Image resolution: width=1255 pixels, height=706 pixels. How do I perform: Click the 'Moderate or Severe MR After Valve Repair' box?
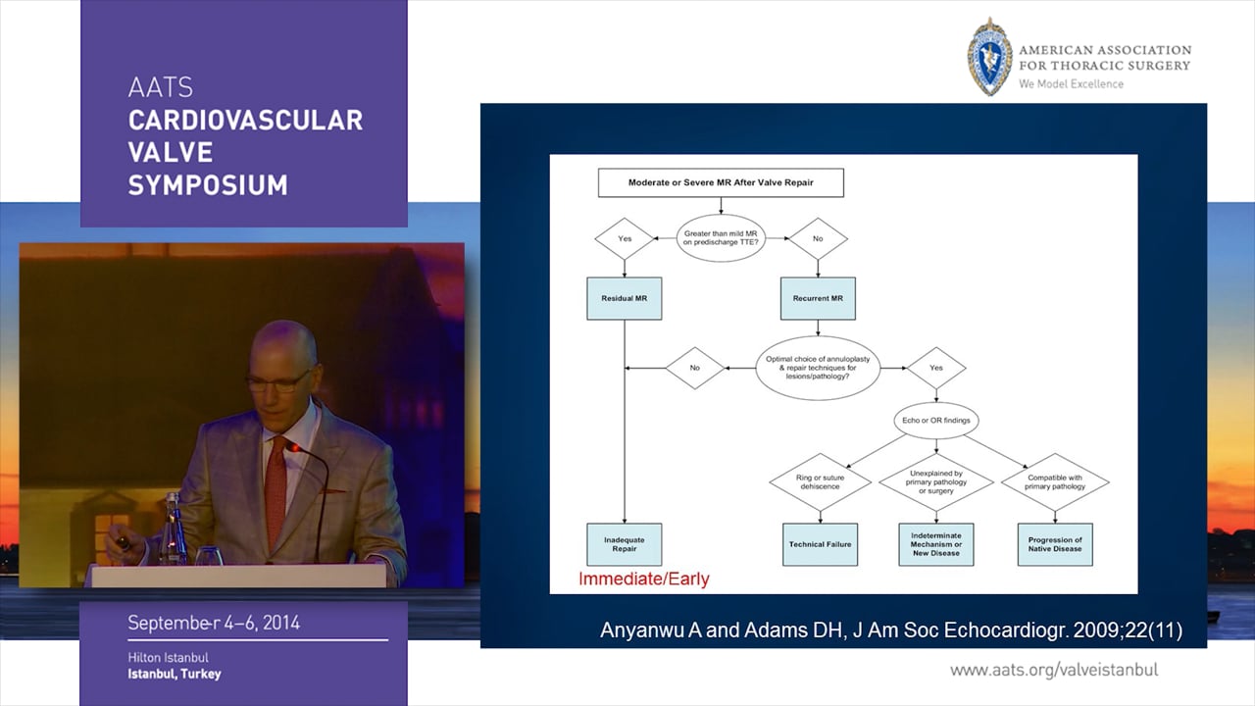[721, 182]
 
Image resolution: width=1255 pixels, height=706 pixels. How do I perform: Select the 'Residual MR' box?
[625, 297]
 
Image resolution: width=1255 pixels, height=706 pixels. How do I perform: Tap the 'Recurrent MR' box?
[818, 297]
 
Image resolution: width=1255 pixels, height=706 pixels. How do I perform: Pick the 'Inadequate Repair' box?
[625, 543]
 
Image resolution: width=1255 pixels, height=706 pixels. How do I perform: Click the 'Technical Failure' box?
[821, 544]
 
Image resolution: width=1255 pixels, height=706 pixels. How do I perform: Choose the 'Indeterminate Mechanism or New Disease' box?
[936, 544]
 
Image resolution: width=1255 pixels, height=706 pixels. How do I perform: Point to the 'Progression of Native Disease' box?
[1055, 544]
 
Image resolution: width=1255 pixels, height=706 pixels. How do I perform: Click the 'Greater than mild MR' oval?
[721, 238]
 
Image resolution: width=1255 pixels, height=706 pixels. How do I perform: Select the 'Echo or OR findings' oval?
[936, 421]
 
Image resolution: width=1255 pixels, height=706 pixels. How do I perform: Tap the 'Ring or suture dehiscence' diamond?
[821, 481]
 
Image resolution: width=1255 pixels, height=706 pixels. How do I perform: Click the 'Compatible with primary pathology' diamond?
[1055, 481]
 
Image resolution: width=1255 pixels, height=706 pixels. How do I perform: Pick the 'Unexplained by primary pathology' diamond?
[936, 481]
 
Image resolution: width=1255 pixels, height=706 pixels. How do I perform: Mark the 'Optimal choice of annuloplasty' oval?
[817, 367]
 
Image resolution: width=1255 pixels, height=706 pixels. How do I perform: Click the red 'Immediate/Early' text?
[643, 579]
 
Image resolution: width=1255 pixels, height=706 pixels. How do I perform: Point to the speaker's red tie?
[276, 480]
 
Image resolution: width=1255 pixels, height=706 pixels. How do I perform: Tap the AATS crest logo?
[989, 56]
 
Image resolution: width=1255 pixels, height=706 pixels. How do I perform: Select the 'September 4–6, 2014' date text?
[214, 623]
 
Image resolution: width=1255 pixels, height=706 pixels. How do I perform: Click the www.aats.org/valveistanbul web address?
[1054, 670]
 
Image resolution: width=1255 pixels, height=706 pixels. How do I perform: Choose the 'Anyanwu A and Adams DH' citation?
[890, 630]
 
